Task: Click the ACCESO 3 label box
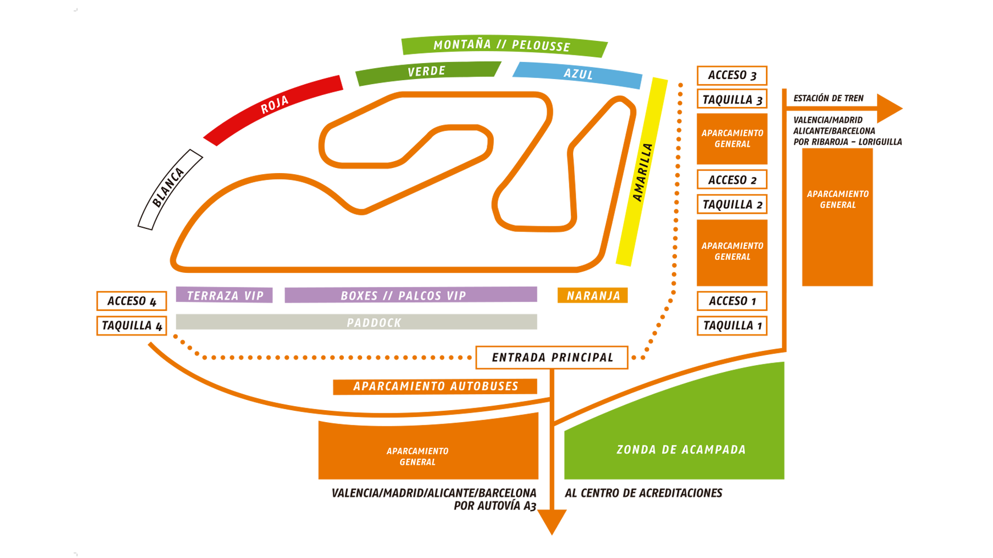pyautogui.click(x=732, y=75)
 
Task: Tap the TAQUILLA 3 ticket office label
pyautogui.click(x=732, y=99)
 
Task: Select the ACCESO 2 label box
pyautogui.click(x=732, y=180)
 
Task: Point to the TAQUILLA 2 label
pyautogui.click(x=732, y=204)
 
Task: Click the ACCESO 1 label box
pyautogui.click(x=732, y=301)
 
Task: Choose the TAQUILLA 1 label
pyautogui.click(x=732, y=326)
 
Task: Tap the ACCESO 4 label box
pyautogui.click(x=131, y=301)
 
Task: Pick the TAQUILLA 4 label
pyautogui.click(x=131, y=326)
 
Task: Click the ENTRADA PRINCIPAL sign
pyautogui.click(x=552, y=358)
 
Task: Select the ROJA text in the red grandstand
pyautogui.click(x=274, y=105)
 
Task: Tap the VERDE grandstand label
pyautogui.click(x=426, y=71)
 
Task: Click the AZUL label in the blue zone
pyautogui.click(x=578, y=74)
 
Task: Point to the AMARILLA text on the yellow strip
pyautogui.click(x=643, y=173)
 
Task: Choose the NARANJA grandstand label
pyautogui.click(x=593, y=296)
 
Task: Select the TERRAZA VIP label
pyautogui.click(x=225, y=296)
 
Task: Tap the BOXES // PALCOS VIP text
pyautogui.click(x=403, y=296)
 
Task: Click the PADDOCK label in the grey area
pyautogui.click(x=374, y=323)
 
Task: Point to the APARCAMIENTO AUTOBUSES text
pyautogui.click(x=435, y=386)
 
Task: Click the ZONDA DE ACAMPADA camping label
pyautogui.click(x=681, y=450)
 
